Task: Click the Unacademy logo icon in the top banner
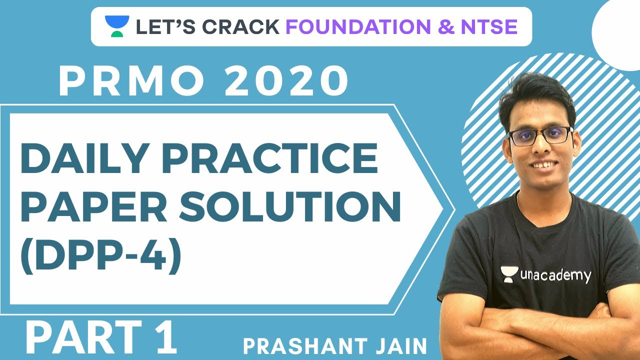[x=117, y=26]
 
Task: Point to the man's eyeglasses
[x=539, y=135]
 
